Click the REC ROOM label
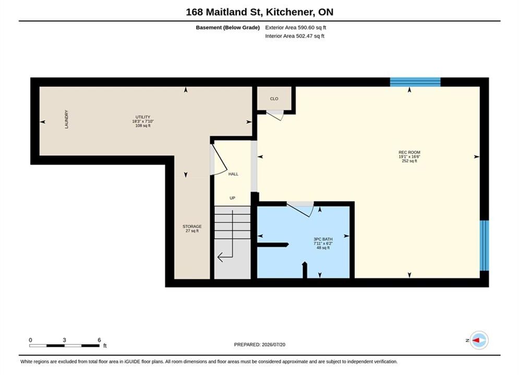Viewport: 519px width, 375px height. click(x=409, y=152)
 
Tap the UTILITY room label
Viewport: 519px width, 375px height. click(x=142, y=117)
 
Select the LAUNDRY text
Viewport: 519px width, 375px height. click(x=66, y=119)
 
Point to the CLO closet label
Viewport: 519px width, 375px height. click(x=274, y=98)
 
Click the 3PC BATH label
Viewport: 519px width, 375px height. click(x=323, y=239)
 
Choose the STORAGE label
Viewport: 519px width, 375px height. click(x=192, y=227)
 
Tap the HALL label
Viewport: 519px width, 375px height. click(x=233, y=174)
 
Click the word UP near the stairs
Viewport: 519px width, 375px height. click(x=232, y=198)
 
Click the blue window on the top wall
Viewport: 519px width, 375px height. click(x=415, y=82)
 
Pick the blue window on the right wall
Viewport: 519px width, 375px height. click(x=484, y=245)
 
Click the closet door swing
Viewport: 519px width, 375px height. click(x=276, y=115)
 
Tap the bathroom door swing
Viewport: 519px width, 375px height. click(x=300, y=209)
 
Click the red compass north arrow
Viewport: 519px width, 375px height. click(x=477, y=340)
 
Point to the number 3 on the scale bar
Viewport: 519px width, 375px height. click(x=64, y=340)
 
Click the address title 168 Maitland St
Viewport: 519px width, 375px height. click(x=224, y=12)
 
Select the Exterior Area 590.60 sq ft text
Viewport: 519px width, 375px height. click(x=296, y=28)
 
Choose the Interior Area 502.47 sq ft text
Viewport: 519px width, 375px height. click(x=295, y=36)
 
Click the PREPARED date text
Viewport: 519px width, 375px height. click(x=260, y=344)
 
